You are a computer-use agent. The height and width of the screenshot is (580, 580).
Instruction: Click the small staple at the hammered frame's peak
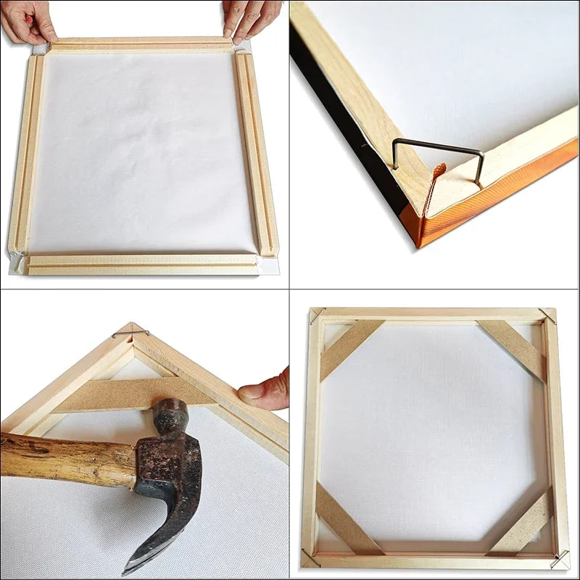click(x=131, y=333)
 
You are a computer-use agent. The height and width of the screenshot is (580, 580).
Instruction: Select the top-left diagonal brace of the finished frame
click(x=351, y=348)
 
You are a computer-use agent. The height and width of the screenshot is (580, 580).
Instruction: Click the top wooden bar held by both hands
click(x=141, y=44)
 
